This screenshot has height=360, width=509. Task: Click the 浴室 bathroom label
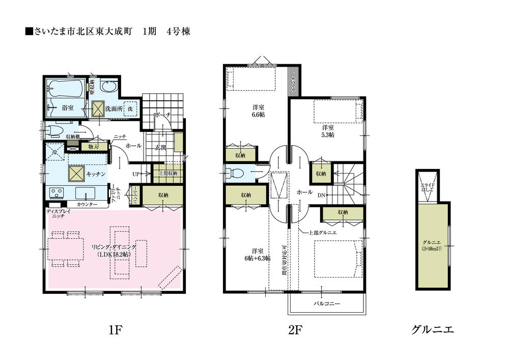68,108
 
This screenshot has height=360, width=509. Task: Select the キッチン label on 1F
96,174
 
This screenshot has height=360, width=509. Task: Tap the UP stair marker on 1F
136,174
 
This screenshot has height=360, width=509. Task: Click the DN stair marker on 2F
322,195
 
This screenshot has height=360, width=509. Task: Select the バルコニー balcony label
326,303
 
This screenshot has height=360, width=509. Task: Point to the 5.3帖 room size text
328,135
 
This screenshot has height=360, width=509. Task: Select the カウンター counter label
87,205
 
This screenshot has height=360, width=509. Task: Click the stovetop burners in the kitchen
56,193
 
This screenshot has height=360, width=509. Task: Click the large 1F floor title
114,330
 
